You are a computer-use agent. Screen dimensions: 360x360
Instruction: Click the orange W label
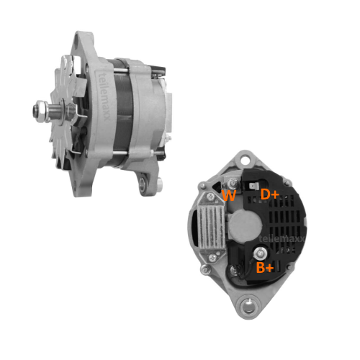229,195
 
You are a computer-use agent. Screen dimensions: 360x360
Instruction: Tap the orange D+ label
269,194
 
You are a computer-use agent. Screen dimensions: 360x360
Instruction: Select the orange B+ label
265,267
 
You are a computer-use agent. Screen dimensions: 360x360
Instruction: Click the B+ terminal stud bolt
260,253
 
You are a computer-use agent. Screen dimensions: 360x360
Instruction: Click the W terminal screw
233,184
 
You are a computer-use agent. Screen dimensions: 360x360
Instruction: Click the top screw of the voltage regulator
211,197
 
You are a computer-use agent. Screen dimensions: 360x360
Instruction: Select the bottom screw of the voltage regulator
212,258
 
